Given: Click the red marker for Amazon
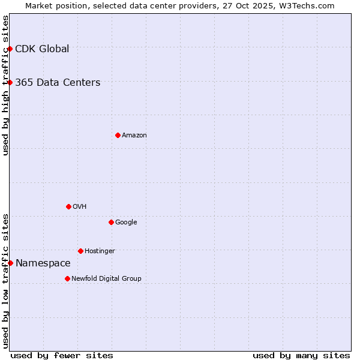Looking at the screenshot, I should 118,135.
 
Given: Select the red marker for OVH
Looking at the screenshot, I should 68,206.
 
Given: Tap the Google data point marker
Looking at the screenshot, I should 111,222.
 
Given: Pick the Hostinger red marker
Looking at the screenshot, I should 80,251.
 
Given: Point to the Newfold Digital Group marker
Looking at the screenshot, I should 67,278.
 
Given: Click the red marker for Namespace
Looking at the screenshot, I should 10,263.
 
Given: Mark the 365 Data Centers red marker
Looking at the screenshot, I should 10,82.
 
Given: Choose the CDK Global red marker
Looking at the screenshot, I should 10,49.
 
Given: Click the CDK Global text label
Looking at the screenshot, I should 42,49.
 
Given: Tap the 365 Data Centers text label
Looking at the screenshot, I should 58,83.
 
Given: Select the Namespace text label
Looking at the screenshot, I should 43,263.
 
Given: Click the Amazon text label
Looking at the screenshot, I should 134,136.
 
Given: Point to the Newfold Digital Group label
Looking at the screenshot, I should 106,278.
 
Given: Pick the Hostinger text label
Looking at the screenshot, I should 100,251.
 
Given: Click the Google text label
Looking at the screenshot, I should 126,223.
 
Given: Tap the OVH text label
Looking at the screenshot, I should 80,207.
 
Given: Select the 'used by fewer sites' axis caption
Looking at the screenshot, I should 62,355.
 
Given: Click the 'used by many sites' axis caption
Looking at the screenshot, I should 301,355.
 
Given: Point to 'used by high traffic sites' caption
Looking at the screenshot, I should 6,85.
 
